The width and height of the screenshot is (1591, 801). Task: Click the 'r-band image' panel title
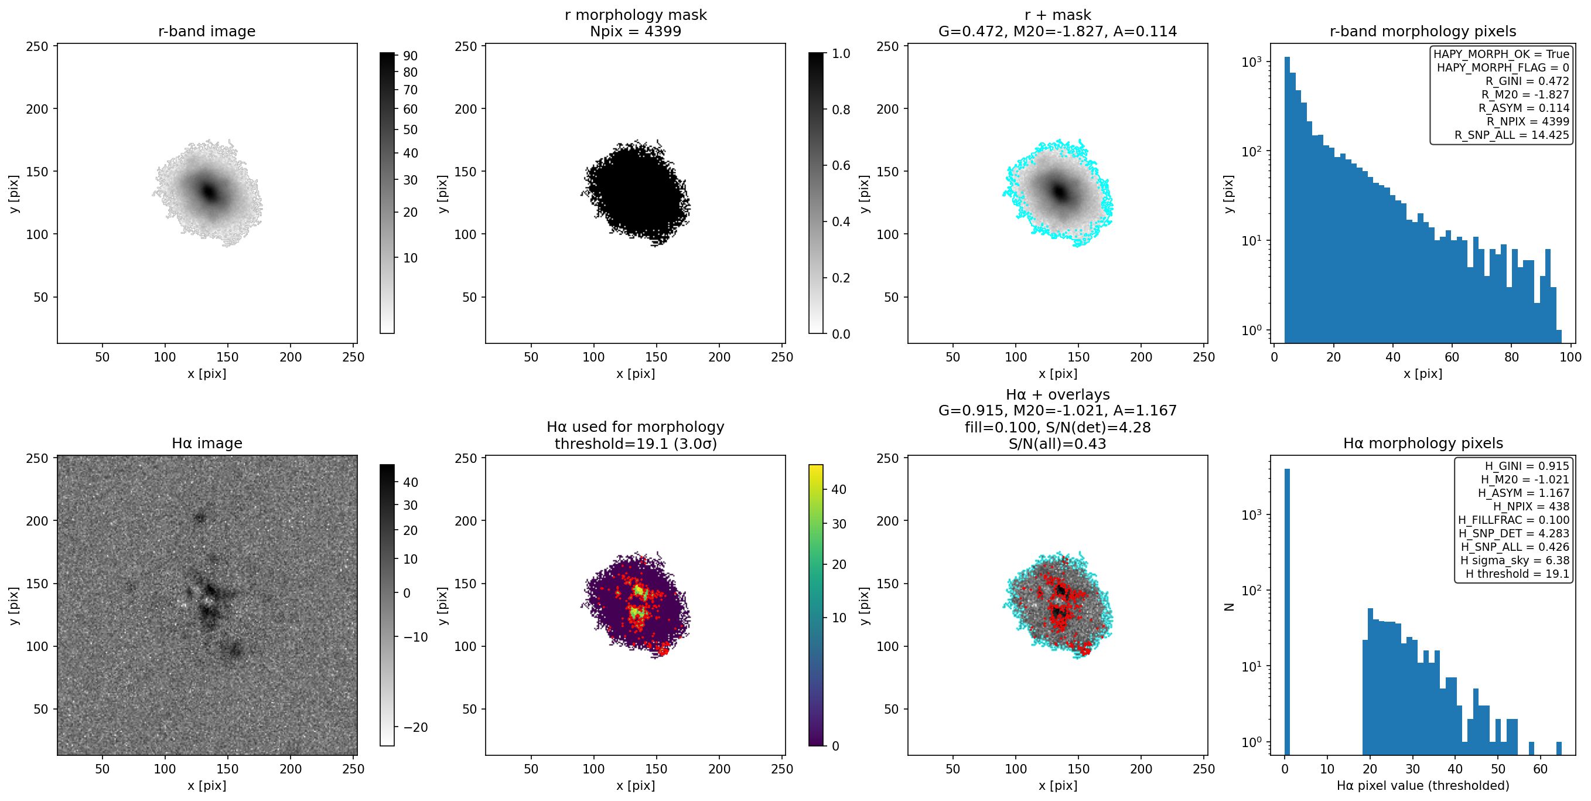point(207,32)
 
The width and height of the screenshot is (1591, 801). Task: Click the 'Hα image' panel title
point(207,444)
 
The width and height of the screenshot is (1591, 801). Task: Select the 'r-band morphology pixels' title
point(1423,32)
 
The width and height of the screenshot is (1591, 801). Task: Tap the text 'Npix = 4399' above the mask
point(636,32)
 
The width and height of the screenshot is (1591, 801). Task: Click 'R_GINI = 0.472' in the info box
point(1527,81)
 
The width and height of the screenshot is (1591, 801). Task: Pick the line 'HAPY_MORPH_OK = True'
point(1501,54)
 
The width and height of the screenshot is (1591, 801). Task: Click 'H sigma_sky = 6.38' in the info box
point(1515,561)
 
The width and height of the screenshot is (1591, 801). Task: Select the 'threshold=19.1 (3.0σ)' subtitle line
point(636,444)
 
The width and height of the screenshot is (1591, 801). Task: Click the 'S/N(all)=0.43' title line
point(1057,444)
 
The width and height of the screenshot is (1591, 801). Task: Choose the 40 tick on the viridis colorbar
point(839,490)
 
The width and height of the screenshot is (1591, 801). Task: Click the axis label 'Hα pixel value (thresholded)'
point(1423,786)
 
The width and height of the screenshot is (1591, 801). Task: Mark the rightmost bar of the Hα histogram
point(1559,748)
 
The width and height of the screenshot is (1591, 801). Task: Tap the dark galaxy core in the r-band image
point(209,192)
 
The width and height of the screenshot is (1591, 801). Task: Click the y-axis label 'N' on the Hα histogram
point(1229,607)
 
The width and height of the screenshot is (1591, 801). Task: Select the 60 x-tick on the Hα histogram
point(1541,769)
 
